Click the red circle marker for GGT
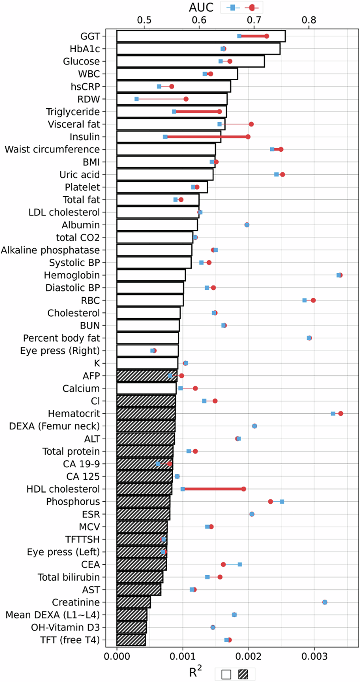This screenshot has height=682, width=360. click(267, 36)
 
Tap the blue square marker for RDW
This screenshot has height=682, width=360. click(136, 99)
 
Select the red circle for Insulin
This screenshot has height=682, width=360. click(248, 137)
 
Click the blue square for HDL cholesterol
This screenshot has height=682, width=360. click(183, 489)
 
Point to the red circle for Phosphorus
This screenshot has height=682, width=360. click(270, 501)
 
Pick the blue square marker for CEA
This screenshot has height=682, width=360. click(240, 564)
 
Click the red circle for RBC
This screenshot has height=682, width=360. click(313, 300)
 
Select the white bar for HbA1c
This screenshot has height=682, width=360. click(199, 49)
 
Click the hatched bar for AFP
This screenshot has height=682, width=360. click(147, 376)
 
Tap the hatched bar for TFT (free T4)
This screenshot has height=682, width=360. click(131, 640)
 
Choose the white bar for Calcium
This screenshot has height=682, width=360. click(146, 389)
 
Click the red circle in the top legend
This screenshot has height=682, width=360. click(252, 7)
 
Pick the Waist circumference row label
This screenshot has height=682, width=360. click(52, 149)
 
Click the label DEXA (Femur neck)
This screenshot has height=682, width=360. click(55, 426)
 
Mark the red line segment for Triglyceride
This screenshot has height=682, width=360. click(197, 111)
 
